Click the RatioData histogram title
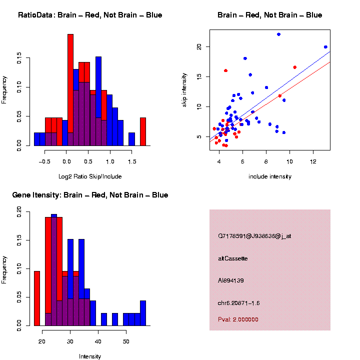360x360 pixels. click(90, 15)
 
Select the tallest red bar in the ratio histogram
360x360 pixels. click(70, 90)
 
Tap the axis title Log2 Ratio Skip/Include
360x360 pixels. click(90, 176)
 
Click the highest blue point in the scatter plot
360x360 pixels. click(278, 34)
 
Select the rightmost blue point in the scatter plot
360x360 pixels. click(325, 47)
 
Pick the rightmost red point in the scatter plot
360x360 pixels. click(295, 67)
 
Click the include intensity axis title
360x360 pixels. click(270, 176)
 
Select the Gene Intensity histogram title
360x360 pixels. click(90, 195)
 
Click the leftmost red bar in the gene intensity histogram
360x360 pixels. click(37, 298)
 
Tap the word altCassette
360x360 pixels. click(233, 258)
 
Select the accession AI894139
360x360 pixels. click(231, 280)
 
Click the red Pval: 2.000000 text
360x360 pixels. click(238, 319)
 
